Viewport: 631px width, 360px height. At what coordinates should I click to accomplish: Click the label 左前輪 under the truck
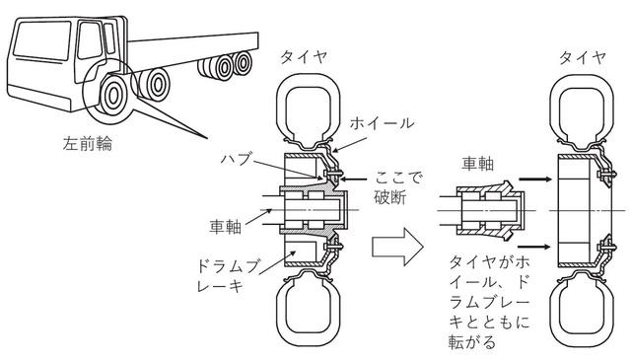click(88, 144)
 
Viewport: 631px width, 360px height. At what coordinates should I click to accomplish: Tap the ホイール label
click(382, 123)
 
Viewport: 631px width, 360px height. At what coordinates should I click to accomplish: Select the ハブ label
click(236, 158)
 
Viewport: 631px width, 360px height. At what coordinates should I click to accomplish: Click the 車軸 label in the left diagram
click(226, 227)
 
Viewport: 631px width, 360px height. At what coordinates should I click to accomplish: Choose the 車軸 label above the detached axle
click(478, 164)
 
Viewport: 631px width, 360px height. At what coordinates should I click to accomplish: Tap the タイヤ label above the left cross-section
click(304, 58)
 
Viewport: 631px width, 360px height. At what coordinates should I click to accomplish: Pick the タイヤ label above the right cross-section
click(583, 58)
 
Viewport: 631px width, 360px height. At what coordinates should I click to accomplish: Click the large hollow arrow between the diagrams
click(397, 246)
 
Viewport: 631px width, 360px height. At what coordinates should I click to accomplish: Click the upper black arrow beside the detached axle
click(534, 179)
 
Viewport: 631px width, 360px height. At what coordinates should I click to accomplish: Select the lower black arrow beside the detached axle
click(534, 247)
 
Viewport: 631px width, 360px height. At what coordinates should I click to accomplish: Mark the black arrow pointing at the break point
click(355, 180)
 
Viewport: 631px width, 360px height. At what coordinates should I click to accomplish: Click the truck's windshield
click(41, 40)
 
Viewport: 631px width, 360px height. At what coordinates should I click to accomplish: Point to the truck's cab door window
click(90, 40)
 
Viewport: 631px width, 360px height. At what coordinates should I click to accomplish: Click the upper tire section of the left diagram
click(308, 108)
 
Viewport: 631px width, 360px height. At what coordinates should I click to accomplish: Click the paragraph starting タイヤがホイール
click(489, 302)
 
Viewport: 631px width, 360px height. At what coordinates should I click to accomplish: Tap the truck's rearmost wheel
click(243, 63)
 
